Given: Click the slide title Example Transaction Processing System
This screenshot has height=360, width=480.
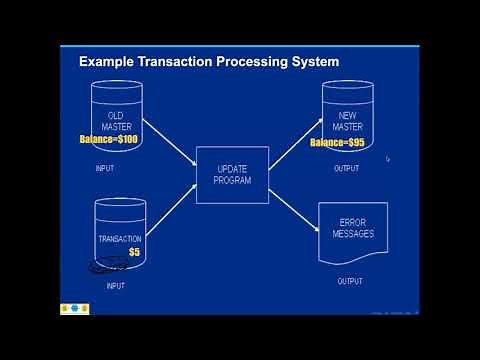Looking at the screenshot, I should click(209, 62).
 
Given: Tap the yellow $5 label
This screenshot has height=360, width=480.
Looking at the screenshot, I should click(133, 252).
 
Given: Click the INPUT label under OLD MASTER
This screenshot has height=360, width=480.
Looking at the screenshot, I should click(105, 168).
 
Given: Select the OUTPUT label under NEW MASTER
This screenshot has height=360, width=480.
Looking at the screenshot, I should click(346, 168).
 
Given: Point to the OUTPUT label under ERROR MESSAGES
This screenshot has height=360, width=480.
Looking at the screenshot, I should click(352, 281).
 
